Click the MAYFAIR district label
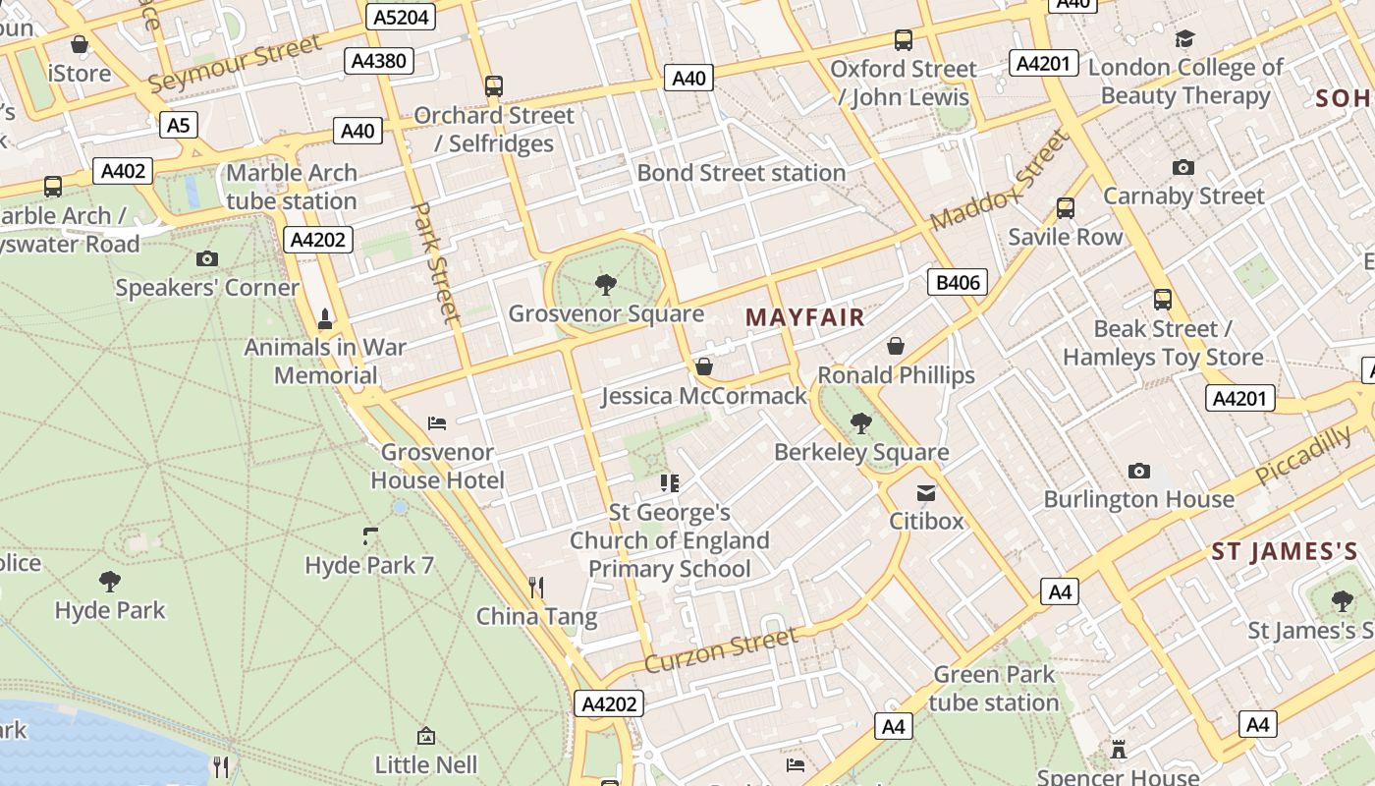pyautogui.click(x=804, y=316)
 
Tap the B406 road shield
pyautogui.click(x=957, y=283)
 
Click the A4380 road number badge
pyautogui.click(x=378, y=61)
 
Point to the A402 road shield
pyautogui.click(x=124, y=171)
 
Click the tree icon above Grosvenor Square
pyautogui.click(x=606, y=285)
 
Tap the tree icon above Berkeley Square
pyautogui.click(x=861, y=422)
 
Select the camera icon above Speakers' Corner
pyautogui.click(x=206, y=259)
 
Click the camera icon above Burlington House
pyautogui.click(x=1138, y=471)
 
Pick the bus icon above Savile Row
pyautogui.click(x=1065, y=208)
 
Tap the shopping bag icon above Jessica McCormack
pyautogui.click(x=703, y=366)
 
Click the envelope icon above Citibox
pyautogui.click(x=926, y=492)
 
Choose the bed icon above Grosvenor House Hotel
pyautogui.click(x=438, y=423)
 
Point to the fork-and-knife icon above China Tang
pyautogui.click(x=536, y=588)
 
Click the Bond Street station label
pyautogui.click(x=741, y=173)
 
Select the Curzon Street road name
pyautogui.click(x=721, y=649)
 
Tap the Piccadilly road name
pyautogui.click(x=1303, y=456)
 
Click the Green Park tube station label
pyautogui.click(x=993, y=689)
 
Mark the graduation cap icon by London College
pyautogui.click(x=1184, y=39)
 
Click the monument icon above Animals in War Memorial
pyautogui.click(x=325, y=318)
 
